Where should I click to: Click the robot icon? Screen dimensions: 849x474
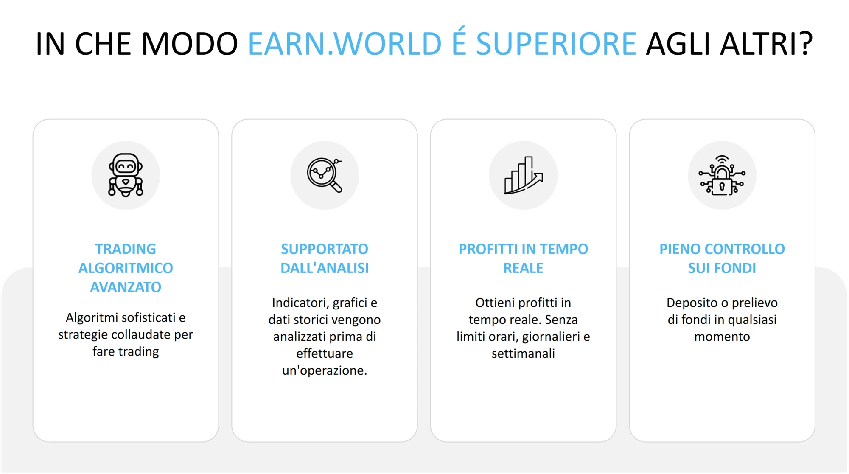pyautogui.click(x=126, y=175)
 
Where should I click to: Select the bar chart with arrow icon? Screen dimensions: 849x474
pyautogui.click(x=524, y=175)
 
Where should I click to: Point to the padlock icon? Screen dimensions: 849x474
pyautogui.click(x=722, y=175)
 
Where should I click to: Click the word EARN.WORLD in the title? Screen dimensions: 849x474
pyautogui.click(x=345, y=44)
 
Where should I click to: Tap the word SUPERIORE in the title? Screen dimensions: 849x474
pyautogui.click(x=556, y=44)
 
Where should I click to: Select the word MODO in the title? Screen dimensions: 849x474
pyautogui.click(x=189, y=44)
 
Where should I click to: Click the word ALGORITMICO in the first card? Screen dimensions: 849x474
pyautogui.click(x=126, y=268)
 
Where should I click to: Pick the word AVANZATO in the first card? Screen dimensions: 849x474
pyautogui.click(x=126, y=287)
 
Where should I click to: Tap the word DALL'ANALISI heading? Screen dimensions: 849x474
pyautogui.click(x=325, y=268)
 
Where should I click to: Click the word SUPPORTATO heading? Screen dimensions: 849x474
pyautogui.click(x=325, y=249)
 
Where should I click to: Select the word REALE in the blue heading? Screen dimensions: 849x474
pyautogui.click(x=523, y=268)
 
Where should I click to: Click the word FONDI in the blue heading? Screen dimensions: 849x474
pyautogui.click(x=735, y=268)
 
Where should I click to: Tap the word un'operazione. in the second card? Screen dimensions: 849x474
pyautogui.click(x=325, y=370)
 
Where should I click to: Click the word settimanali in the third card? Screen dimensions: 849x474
pyautogui.click(x=523, y=353)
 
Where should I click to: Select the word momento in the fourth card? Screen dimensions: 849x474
pyautogui.click(x=722, y=337)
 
